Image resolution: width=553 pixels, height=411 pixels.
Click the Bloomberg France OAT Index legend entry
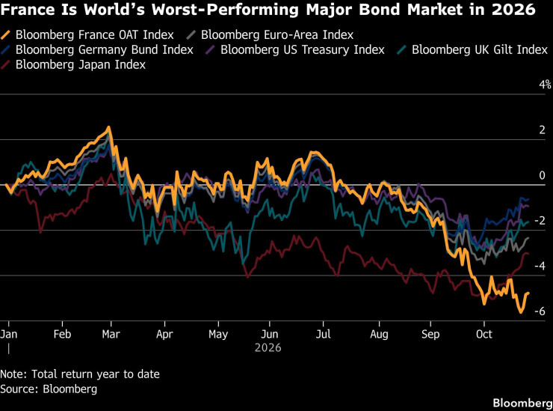[x=87, y=34]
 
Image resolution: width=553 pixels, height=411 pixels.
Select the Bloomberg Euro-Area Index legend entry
[x=270, y=34]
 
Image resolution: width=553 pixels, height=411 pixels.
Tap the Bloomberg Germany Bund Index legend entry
[x=97, y=49]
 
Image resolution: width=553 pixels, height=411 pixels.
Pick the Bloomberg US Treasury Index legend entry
[x=295, y=49]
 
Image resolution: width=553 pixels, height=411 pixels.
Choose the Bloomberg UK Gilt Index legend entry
[x=472, y=49]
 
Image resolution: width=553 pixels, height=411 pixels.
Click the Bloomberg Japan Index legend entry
[x=73, y=64]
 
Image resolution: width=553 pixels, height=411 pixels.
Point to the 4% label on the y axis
[x=545, y=84]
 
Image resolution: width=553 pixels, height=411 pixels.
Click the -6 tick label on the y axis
[x=540, y=311]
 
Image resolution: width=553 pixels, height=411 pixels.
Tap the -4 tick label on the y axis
[x=540, y=266]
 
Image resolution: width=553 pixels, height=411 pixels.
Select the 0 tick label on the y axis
[x=542, y=175]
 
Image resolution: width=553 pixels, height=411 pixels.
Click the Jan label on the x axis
[x=8, y=334]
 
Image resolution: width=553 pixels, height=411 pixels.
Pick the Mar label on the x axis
[x=111, y=334]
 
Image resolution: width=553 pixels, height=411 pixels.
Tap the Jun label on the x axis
[x=270, y=334]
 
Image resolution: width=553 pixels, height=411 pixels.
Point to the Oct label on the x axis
[x=484, y=334]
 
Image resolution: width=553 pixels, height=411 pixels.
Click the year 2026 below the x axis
[x=268, y=348]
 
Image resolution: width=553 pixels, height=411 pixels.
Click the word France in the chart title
[x=28, y=10]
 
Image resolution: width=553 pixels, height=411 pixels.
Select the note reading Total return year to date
[x=96, y=374]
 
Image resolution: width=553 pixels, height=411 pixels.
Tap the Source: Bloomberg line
[x=49, y=389]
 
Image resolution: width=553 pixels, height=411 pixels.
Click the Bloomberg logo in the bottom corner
[x=522, y=403]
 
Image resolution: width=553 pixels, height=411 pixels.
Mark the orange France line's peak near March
[x=108, y=127]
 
